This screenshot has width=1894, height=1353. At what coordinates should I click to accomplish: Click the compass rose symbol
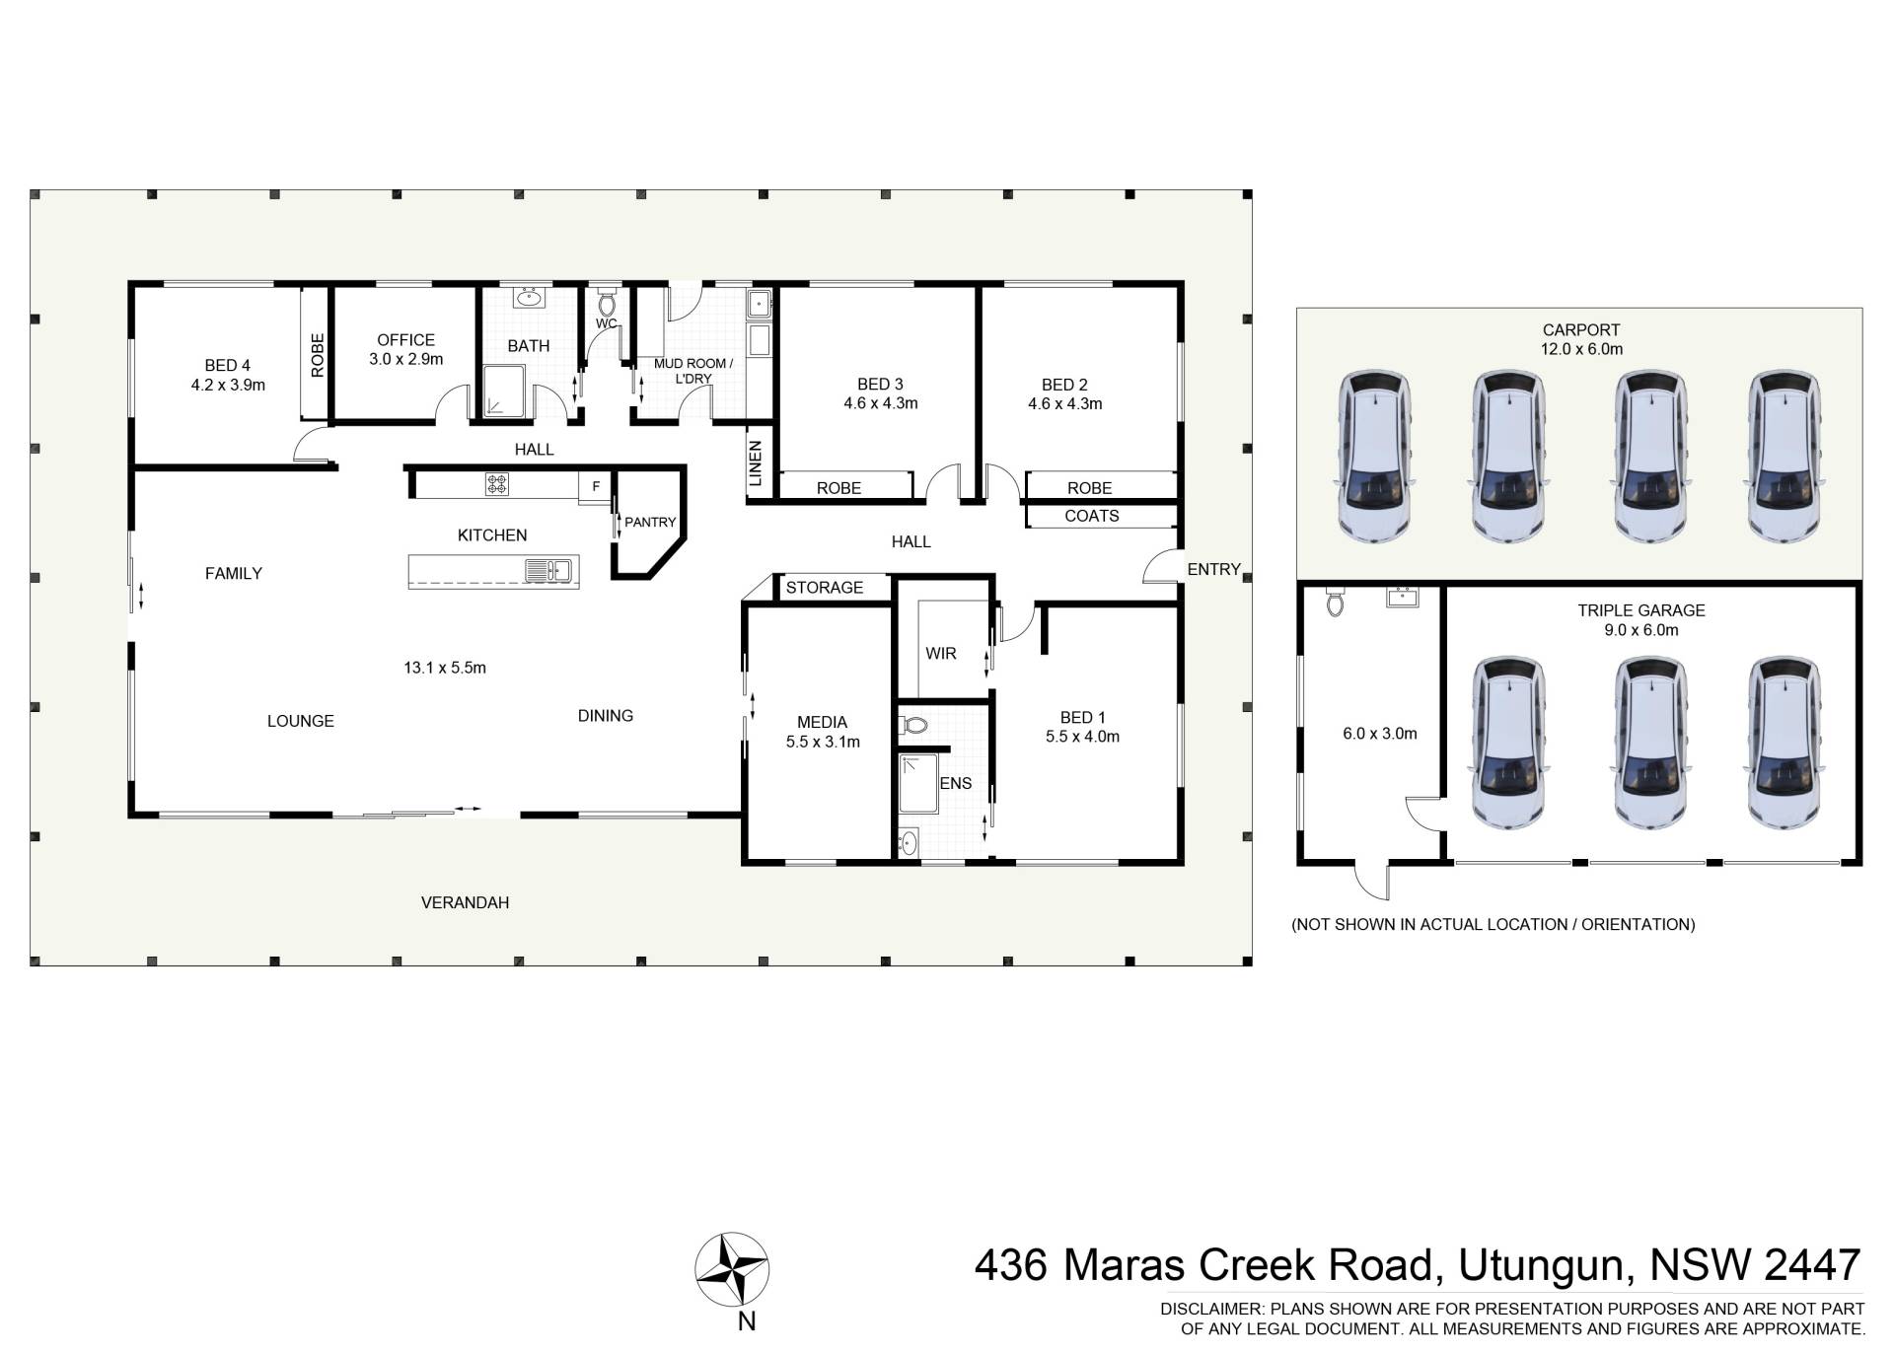click(x=732, y=1269)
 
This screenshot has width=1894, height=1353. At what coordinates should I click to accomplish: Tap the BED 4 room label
click(x=228, y=375)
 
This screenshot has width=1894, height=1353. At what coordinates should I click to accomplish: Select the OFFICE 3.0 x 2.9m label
click(x=405, y=349)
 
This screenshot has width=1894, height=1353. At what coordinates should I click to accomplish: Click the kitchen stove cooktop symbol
click(x=497, y=484)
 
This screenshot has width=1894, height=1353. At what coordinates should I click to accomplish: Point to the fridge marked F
click(x=596, y=486)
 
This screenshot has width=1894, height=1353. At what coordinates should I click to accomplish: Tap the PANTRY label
click(x=650, y=522)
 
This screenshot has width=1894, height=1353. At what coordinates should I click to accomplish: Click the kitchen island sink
click(x=547, y=570)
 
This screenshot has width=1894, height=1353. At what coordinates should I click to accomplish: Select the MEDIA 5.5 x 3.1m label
click(x=823, y=732)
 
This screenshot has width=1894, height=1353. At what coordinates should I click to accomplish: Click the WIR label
click(x=941, y=654)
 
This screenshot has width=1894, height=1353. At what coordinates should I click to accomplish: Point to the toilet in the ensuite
click(x=913, y=726)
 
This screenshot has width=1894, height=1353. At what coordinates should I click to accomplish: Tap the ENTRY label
click(x=1213, y=569)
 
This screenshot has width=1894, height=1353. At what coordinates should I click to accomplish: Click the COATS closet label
click(x=1092, y=516)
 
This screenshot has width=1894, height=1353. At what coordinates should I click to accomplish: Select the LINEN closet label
click(x=756, y=463)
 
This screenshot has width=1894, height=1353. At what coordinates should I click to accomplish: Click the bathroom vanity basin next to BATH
click(x=530, y=297)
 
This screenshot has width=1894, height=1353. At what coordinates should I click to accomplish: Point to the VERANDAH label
click(x=465, y=902)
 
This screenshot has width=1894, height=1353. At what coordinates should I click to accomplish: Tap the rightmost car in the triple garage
click(x=1784, y=743)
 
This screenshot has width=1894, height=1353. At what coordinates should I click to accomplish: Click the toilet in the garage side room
click(x=1335, y=600)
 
